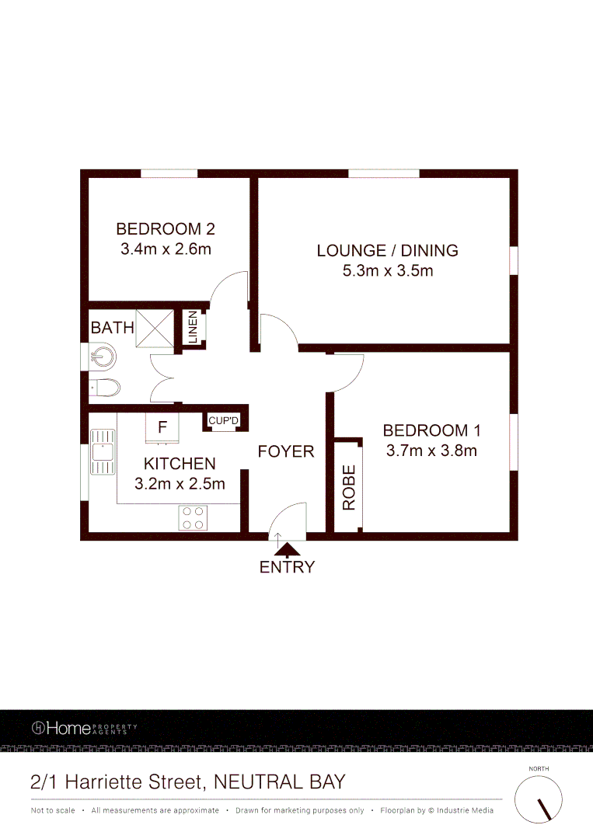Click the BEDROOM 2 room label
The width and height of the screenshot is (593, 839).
pyautogui.click(x=165, y=229)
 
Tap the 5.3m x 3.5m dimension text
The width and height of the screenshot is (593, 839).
pyautogui.click(x=387, y=271)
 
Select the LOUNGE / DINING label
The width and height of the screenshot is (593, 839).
pyautogui.click(x=387, y=250)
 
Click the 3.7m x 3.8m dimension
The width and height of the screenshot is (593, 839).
pyautogui.click(x=431, y=450)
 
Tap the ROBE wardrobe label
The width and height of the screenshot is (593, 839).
pyautogui.click(x=349, y=487)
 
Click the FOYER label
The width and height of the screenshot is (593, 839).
pyautogui.click(x=286, y=451)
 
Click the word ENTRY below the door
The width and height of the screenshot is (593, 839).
pyautogui.click(x=288, y=567)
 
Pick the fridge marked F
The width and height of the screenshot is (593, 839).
pyautogui.click(x=162, y=426)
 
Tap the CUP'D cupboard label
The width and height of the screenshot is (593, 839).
pyautogui.click(x=224, y=420)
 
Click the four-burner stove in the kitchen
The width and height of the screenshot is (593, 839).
pyautogui.click(x=193, y=518)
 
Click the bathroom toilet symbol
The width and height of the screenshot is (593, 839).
pyautogui.click(x=104, y=387)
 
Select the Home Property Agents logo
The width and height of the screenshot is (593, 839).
pyautogui.click(x=84, y=728)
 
